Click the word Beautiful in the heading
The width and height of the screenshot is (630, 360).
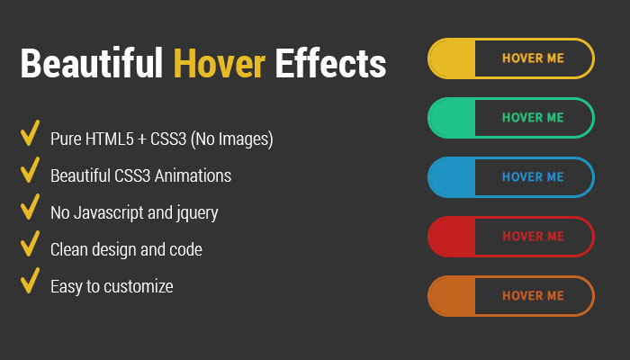click(92, 63)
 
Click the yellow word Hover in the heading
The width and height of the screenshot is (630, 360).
click(219, 63)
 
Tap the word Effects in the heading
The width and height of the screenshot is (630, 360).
click(330, 63)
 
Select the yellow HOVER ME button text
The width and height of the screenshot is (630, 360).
click(533, 58)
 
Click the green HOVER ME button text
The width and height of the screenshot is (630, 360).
click(533, 118)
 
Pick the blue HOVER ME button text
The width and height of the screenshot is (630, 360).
click(533, 177)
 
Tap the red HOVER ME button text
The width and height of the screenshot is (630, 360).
click(533, 236)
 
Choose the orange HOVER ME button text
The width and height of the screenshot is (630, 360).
click(533, 296)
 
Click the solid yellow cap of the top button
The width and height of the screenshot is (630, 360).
click(452, 58)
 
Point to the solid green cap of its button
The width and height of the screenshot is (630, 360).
click(452, 118)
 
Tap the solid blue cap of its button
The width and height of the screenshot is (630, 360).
click(452, 177)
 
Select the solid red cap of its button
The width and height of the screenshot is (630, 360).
click(452, 236)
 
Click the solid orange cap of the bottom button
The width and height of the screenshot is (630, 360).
click(452, 296)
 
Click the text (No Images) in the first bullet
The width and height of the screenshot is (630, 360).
click(232, 139)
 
